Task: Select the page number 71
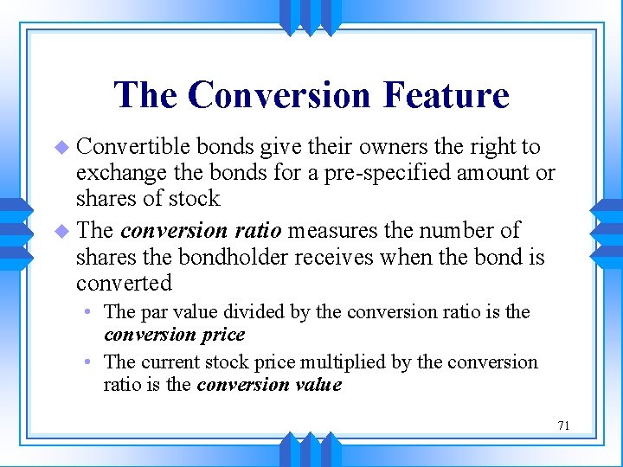coord(563,425)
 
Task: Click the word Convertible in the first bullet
coord(132,147)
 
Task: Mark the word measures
coord(327,231)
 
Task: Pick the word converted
coord(124,283)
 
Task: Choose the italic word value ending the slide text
coord(318,385)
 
